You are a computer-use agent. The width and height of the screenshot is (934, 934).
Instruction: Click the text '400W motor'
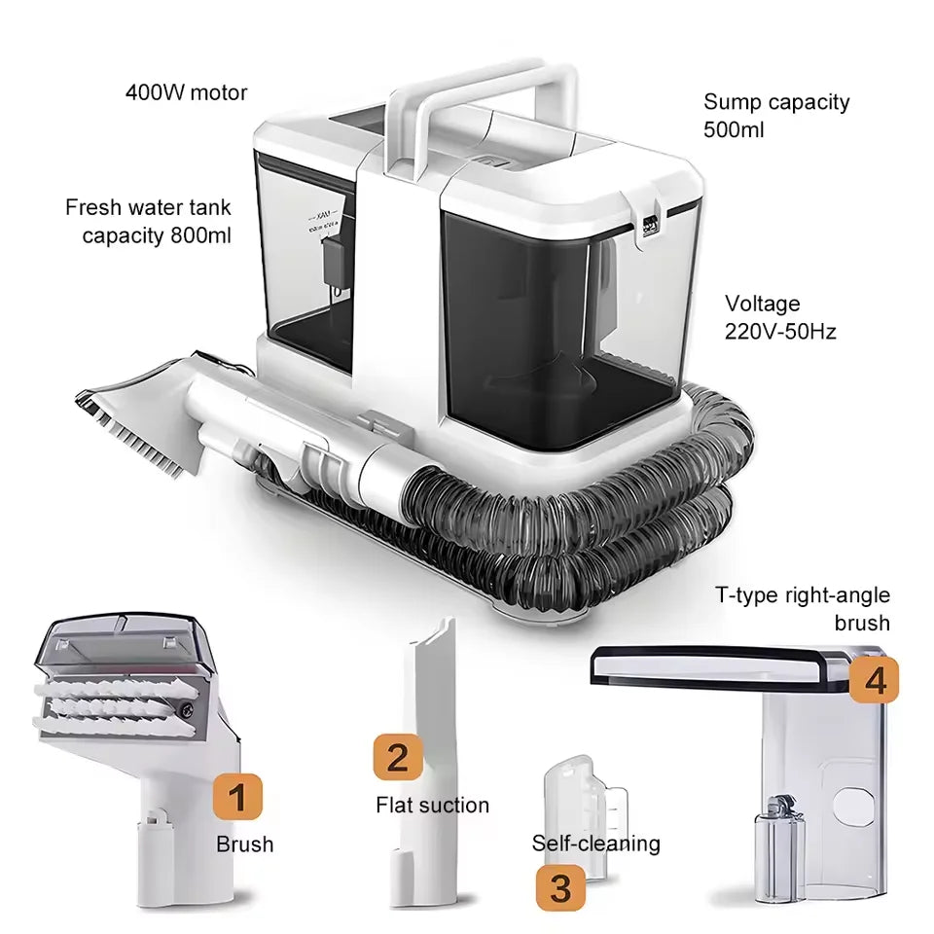[186, 93]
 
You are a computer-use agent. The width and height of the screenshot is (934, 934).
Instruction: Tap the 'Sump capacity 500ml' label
[775, 115]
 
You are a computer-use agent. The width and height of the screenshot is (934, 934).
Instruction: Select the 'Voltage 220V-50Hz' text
[779, 318]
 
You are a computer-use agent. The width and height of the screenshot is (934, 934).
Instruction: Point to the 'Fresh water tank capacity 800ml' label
[148, 221]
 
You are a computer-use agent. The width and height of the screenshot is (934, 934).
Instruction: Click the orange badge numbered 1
[238, 798]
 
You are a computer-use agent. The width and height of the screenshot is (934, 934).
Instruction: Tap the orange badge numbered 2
[398, 757]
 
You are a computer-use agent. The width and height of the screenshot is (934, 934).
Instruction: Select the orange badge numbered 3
[560, 886]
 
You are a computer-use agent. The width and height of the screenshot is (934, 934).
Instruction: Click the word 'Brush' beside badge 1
[244, 844]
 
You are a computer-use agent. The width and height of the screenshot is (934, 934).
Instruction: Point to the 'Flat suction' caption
[432, 805]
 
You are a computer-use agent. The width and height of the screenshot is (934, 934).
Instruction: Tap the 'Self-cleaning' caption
[595, 843]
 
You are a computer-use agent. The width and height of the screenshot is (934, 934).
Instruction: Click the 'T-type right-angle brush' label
[803, 609]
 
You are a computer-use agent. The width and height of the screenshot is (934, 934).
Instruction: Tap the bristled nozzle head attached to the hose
[136, 418]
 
